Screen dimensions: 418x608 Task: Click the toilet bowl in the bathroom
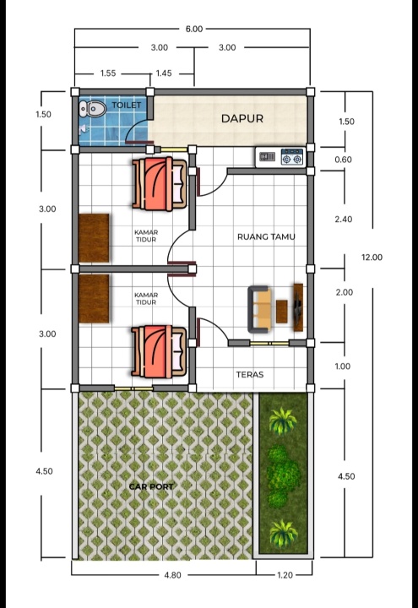[x=93, y=109]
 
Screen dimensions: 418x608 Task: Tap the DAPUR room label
[x=242, y=118]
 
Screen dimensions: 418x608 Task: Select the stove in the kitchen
[x=292, y=157]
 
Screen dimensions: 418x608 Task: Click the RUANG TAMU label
[x=266, y=236]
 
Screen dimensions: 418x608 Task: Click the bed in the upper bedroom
[x=159, y=184]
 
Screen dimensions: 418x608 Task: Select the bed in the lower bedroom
[x=159, y=351]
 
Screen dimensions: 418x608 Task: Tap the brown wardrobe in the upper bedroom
[x=94, y=237]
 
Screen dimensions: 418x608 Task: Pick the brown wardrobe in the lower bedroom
[x=94, y=299]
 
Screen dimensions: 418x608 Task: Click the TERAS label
[x=250, y=375]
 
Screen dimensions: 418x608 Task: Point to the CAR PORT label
[x=151, y=486]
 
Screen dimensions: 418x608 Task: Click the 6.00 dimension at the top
[x=194, y=29]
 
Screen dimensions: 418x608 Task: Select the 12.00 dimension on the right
[x=372, y=257]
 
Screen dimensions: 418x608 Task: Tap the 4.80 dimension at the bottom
[x=172, y=575]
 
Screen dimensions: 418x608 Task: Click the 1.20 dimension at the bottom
[x=285, y=575]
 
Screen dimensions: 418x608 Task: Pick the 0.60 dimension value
[x=343, y=160]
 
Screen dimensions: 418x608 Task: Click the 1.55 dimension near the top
[x=108, y=73]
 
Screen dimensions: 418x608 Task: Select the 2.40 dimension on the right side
[x=344, y=219]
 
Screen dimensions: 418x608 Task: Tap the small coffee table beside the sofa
[x=282, y=312]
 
